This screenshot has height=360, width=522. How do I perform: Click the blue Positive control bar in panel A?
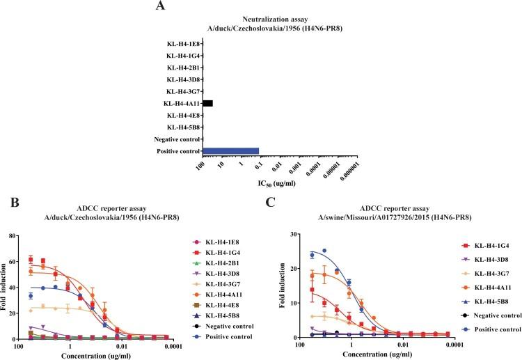click(x=230, y=150)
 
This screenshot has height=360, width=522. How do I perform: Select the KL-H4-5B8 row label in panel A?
click(x=183, y=127)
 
